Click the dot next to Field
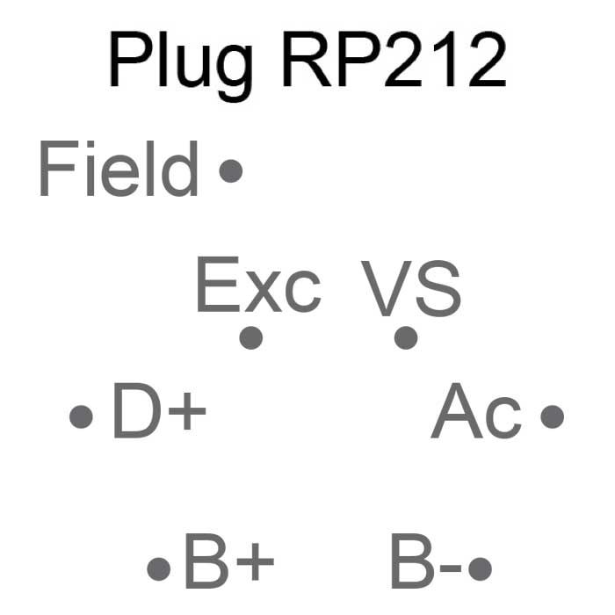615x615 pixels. point(230,170)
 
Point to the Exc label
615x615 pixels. point(257,286)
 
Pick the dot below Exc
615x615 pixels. point(251,337)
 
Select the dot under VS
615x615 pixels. point(406,337)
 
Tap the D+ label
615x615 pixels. point(159,412)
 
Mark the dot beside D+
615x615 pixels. point(81,416)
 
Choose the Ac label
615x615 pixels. point(477,412)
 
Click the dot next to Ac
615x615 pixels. point(552,416)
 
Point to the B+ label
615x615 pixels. point(228,562)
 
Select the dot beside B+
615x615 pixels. point(158,569)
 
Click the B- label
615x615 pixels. point(426,562)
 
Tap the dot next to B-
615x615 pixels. point(480,568)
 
